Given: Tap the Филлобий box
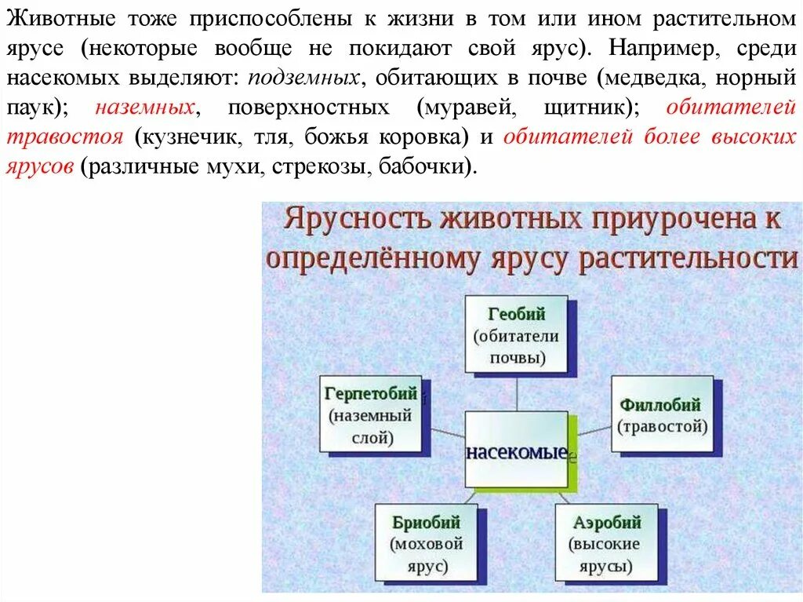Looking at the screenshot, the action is click(661, 414).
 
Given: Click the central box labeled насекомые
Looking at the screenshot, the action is click(516, 451).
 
